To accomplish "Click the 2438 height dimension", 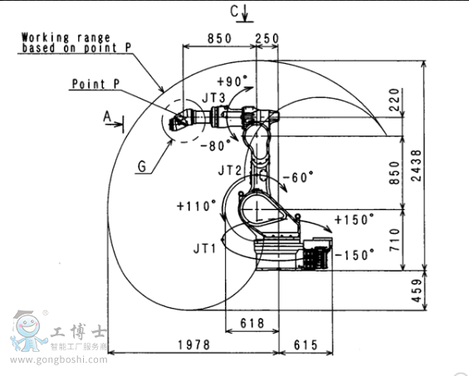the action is click(416, 165).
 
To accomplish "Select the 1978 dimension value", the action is click(194, 344).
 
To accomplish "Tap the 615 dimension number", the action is click(305, 345).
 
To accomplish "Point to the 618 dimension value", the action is click(252, 324).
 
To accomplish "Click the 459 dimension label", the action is click(417, 291).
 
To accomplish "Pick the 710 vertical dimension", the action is click(395, 240).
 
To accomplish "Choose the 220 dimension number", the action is click(395, 100).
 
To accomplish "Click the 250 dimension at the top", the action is click(267, 38).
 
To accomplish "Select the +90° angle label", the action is click(232, 81).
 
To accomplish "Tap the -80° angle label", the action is click(216, 146).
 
